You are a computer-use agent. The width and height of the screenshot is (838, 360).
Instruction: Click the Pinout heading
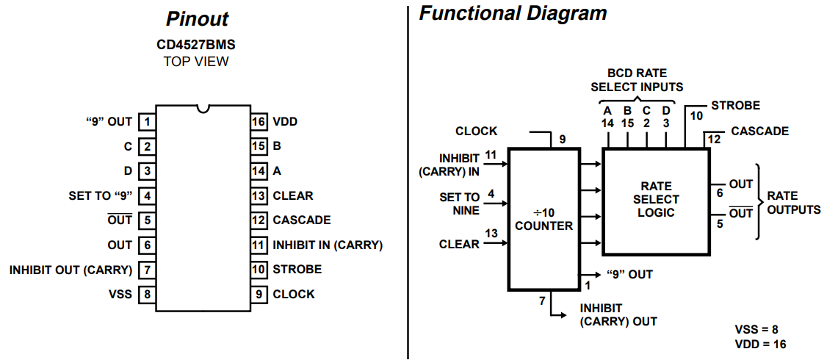point(197,18)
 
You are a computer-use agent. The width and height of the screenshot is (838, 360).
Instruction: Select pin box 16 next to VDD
point(258,121)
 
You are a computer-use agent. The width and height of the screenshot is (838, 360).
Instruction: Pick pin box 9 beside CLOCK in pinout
point(258,294)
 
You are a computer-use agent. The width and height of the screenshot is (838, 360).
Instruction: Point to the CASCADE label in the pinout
point(301,220)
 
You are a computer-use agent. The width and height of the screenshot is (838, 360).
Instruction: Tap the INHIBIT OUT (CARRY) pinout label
point(71,270)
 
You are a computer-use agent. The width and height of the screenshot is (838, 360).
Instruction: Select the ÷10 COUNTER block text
point(543,220)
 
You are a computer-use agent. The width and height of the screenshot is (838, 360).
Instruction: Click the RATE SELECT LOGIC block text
point(657,199)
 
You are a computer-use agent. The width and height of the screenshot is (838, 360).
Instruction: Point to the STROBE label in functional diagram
point(735,106)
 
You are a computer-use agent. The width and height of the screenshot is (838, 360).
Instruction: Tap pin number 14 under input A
point(607,123)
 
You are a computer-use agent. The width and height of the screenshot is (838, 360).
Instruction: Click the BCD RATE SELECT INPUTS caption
point(637,80)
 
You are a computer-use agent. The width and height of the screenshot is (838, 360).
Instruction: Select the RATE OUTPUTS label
point(793,202)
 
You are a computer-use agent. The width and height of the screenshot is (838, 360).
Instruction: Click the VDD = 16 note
point(759,344)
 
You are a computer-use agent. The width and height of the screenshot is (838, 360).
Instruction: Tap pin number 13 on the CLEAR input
point(491,234)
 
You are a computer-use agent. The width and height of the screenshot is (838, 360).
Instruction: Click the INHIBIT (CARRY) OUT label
point(618,314)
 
